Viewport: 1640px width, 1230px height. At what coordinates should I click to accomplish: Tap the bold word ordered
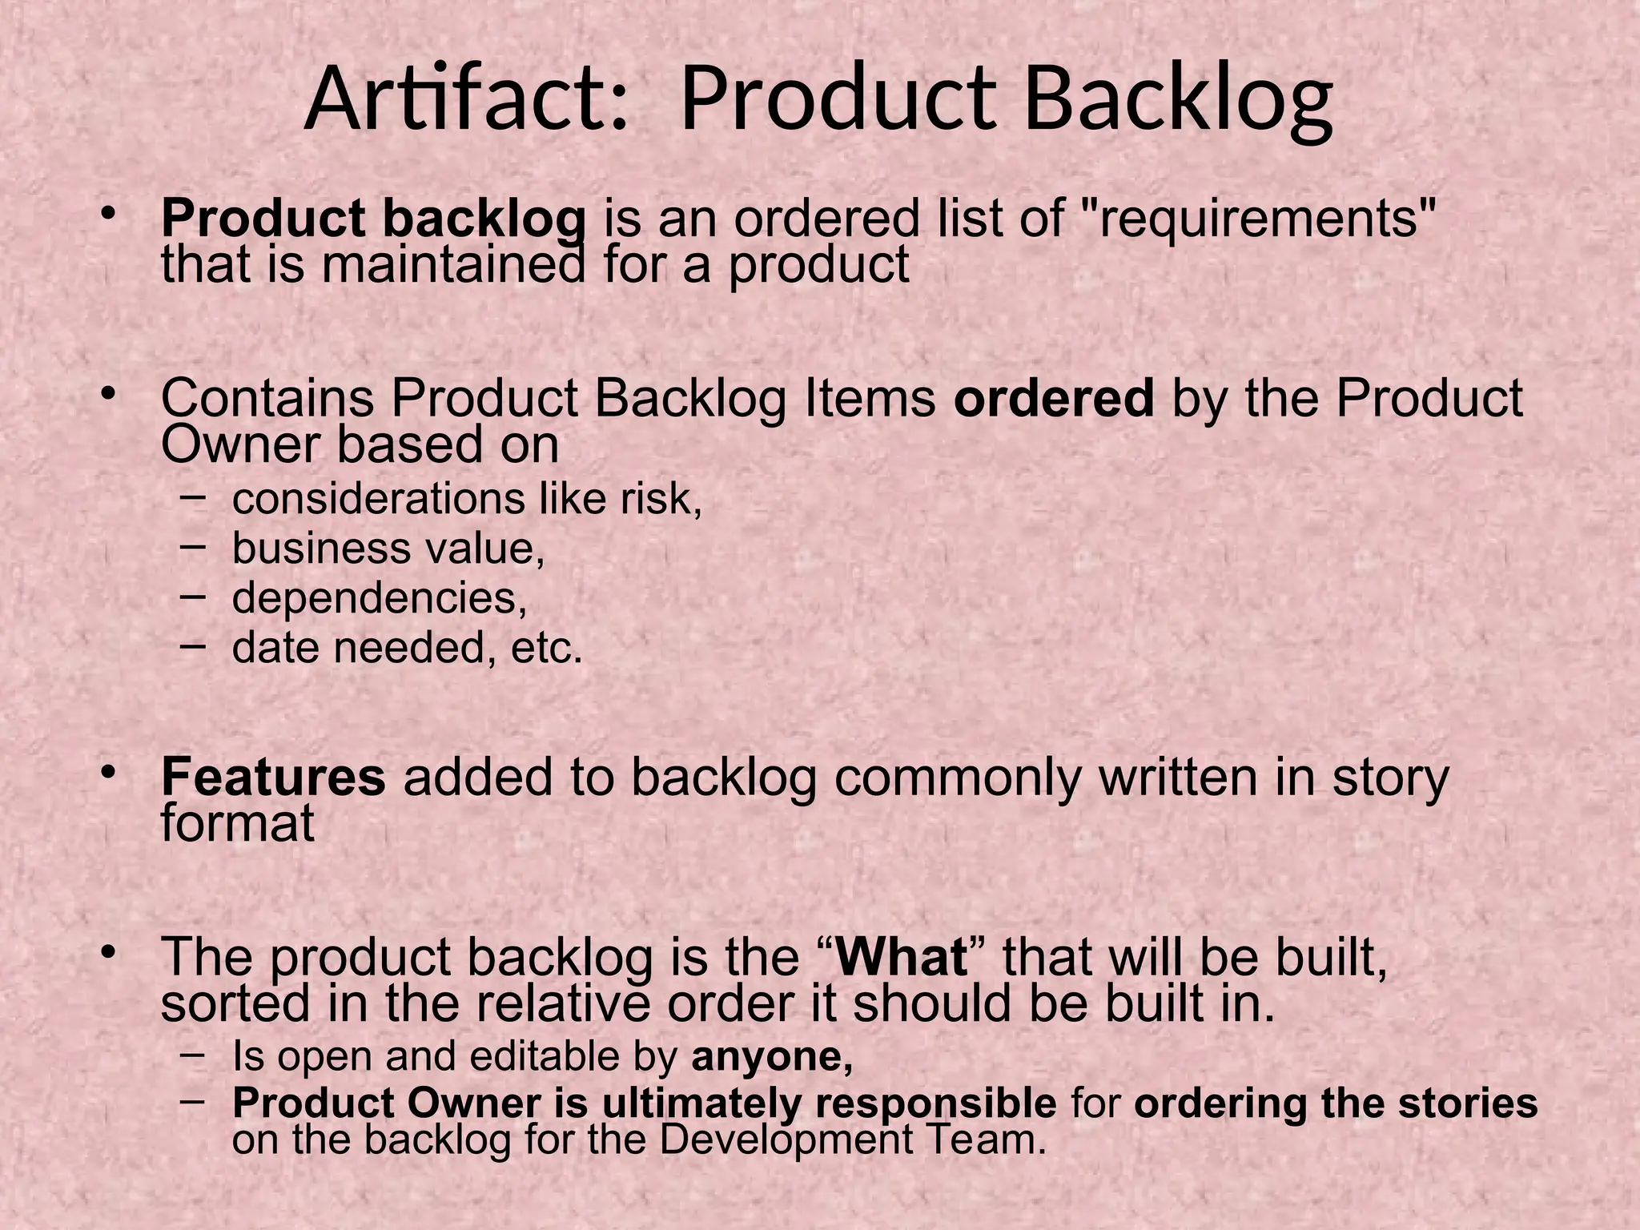1054,398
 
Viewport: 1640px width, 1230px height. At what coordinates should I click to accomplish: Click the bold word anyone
771,1056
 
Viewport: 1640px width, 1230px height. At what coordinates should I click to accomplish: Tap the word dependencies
380,597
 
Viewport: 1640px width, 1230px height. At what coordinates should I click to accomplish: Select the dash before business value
193,547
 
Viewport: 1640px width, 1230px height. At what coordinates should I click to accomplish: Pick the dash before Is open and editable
193,1054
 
